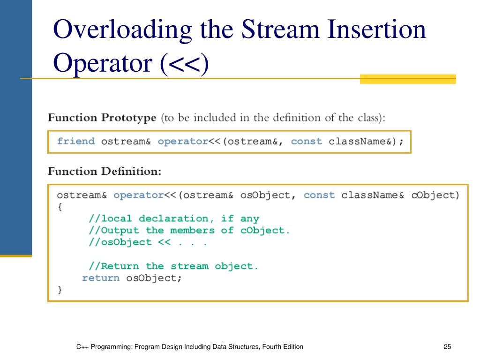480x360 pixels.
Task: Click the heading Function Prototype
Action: click(102, 118)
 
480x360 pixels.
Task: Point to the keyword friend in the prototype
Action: click(76, 142)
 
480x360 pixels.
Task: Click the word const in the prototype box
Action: click(307, 142)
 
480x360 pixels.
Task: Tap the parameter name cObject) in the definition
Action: click(435, 195)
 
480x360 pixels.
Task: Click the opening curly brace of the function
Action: click(60, 207)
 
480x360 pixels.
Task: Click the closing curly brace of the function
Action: click(60, 290)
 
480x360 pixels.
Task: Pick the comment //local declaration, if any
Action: click(173, 219)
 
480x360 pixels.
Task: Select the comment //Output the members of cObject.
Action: click(189, 231)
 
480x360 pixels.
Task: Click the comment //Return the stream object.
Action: click(173, 266)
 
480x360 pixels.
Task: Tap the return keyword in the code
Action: click(101, 278)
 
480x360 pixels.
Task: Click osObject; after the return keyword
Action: click(154, 278)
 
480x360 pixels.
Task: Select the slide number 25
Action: click(447, 347)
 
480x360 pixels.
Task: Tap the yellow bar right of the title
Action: click(408, 79)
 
